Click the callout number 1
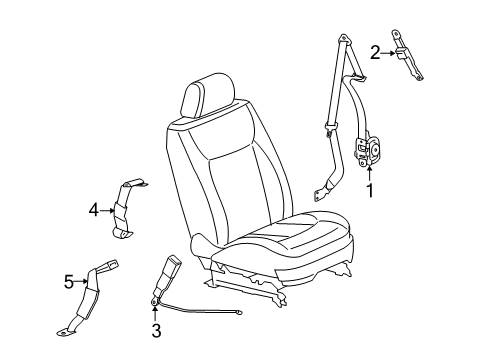(370, 190)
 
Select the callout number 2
(375, 53)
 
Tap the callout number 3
(156, 331)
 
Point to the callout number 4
(94, 210)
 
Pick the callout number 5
(68, 283)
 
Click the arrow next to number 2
(388, 53)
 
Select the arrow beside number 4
(107, 210)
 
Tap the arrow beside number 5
(81, 281)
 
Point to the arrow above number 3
(155, 314)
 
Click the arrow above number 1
(369, 174)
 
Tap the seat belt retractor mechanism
(367, 148)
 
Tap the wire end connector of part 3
(238, 312)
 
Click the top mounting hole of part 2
(396, 33)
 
